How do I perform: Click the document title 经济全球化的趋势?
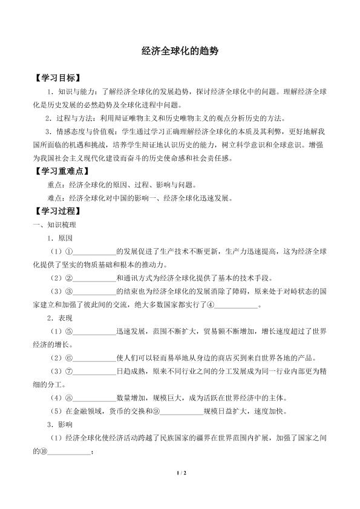coord(179,53)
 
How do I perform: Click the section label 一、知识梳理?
coord(54,225)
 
